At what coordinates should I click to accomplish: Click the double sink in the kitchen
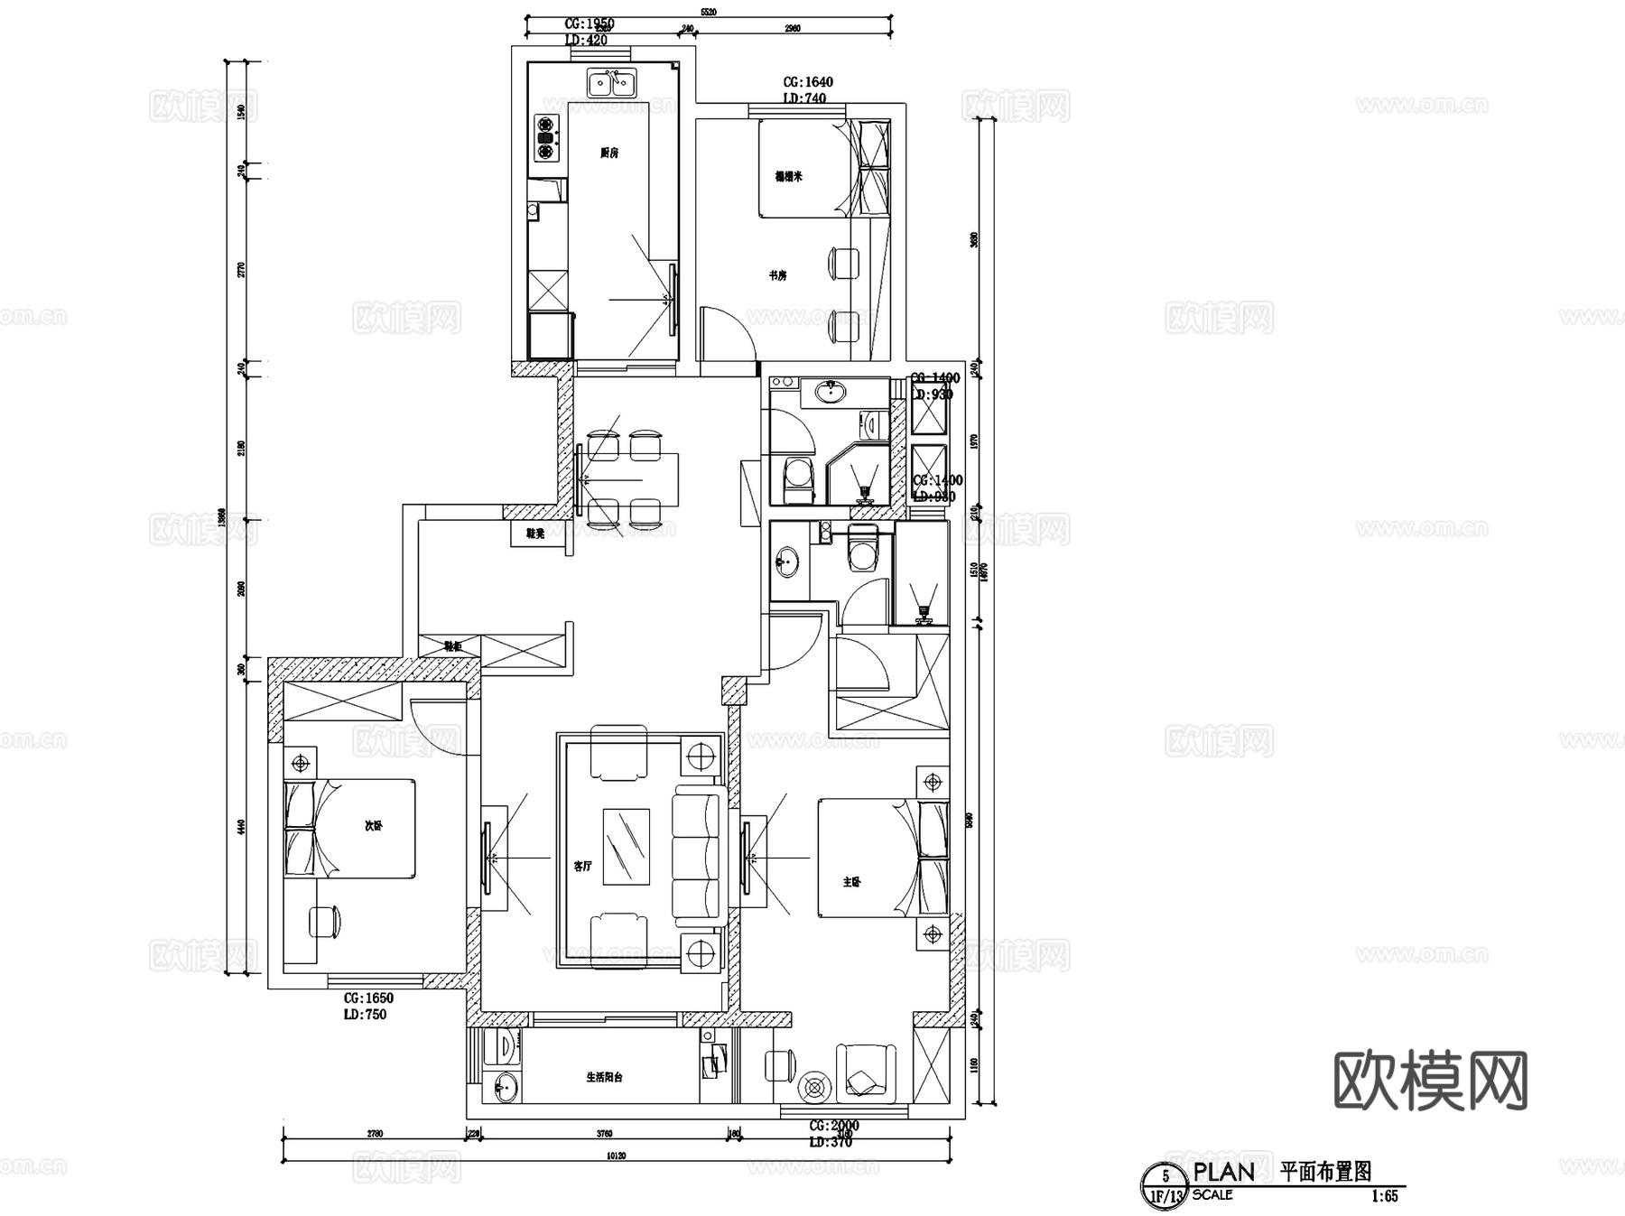(x=611, y=83)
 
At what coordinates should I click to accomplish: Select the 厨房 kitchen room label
(x=609, y=153)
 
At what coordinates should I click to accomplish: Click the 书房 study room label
(x=777, y=275)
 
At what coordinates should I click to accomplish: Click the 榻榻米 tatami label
(x=788, y=176)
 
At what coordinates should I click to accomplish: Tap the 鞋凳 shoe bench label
(x=534, y=534)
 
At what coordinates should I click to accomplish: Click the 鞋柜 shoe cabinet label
(x=452, y=646)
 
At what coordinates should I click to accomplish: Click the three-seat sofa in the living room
(x=698, y=854)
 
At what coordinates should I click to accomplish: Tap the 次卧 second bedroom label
(x=373, y=825)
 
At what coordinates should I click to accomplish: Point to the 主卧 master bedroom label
(x=851, y=881)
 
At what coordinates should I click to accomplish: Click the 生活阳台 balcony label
(x=604, y=1077)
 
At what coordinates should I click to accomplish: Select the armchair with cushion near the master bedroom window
(x=866, y=1072)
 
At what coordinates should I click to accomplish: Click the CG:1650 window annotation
(x=368, y=998)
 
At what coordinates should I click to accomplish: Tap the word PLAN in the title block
(x=1223, y=1172)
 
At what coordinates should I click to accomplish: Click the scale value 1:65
(x=1384, y=1196)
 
